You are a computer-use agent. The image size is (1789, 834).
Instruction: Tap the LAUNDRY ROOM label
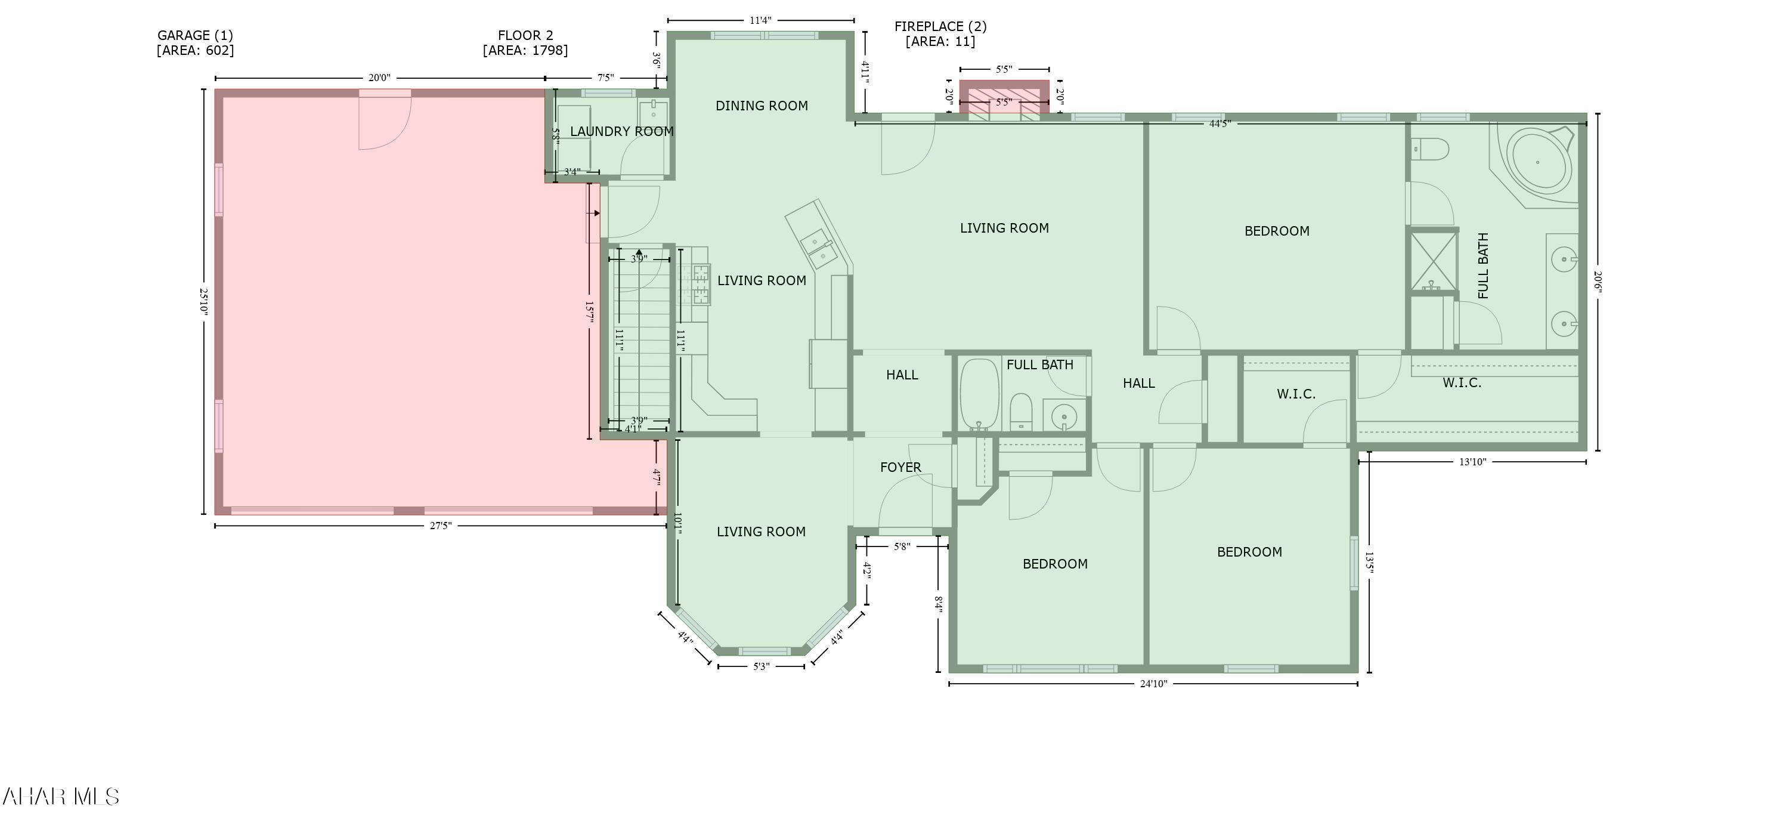(x=621, y=131)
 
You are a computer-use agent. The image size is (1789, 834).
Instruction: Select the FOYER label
(x=900, y=468)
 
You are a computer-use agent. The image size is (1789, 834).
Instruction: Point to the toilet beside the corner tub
(x=1431, y=149)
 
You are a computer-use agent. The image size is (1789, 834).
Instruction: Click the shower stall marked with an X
(x=1433, y=261)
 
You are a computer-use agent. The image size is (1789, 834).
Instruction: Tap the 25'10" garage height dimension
(x=203, y=302)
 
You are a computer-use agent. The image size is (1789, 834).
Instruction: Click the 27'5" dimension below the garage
(x=440, y=526)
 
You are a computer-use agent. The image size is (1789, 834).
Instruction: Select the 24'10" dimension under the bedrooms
(x=1153, y=684)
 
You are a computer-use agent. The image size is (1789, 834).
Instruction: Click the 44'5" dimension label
(x=1220, y=123)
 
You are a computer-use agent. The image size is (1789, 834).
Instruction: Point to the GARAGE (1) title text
(x=195, y=35)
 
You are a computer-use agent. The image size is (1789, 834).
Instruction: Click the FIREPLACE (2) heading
(x=940, y=26)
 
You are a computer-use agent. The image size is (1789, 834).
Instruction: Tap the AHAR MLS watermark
(x=60, y=796)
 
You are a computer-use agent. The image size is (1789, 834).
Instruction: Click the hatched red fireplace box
(x=1004, y=97)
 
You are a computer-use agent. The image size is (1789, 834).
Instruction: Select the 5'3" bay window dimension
(x=761, y=666)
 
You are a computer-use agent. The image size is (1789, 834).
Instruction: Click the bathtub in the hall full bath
(x=979, y=394)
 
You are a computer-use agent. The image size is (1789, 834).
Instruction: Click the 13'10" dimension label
(x=1472, y=462)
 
